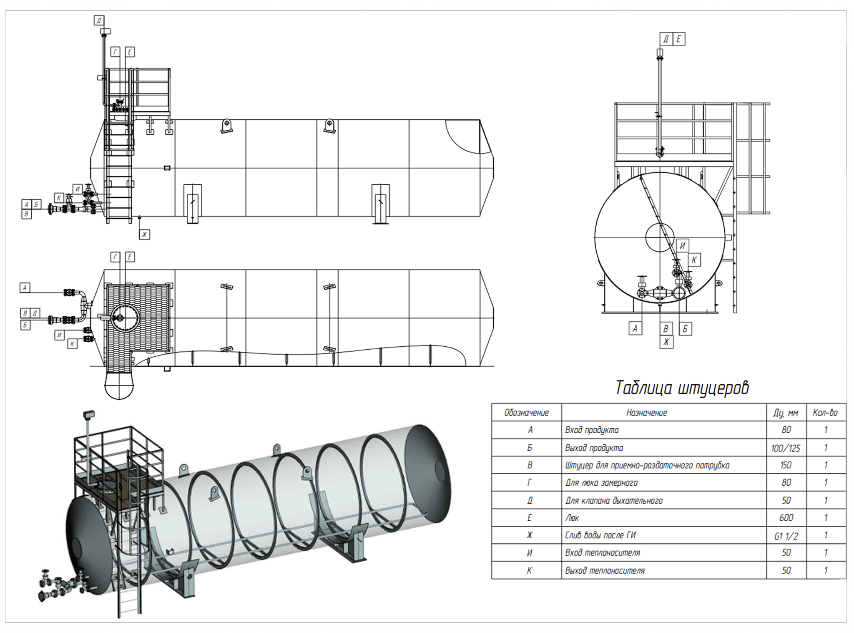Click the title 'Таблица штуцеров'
(x=682, y=388)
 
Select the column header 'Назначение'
(x=646, y=413)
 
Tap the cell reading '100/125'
(x=786, y=448)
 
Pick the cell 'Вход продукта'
(x=592, y=430)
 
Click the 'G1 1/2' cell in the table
(x=786, y=536)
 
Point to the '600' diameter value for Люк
(x=786, y=518)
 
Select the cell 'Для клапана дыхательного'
(x=614, y=500)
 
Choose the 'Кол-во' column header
(x=825, y=413)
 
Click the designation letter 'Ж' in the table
(x=529, y=535)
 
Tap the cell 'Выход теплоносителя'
(x=605, y=570)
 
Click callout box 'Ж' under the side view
(x=144, y=235)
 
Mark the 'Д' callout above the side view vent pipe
(x=99, y=20)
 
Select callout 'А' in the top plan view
(x=25, y=287)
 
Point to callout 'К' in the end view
(x=694, y=260)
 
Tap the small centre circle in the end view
(x=659, y=237)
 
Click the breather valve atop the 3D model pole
(x=89, y=415)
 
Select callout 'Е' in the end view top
(x=678, y=39)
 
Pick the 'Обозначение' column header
(x=526, y=413)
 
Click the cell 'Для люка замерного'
(x=601, y=483)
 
